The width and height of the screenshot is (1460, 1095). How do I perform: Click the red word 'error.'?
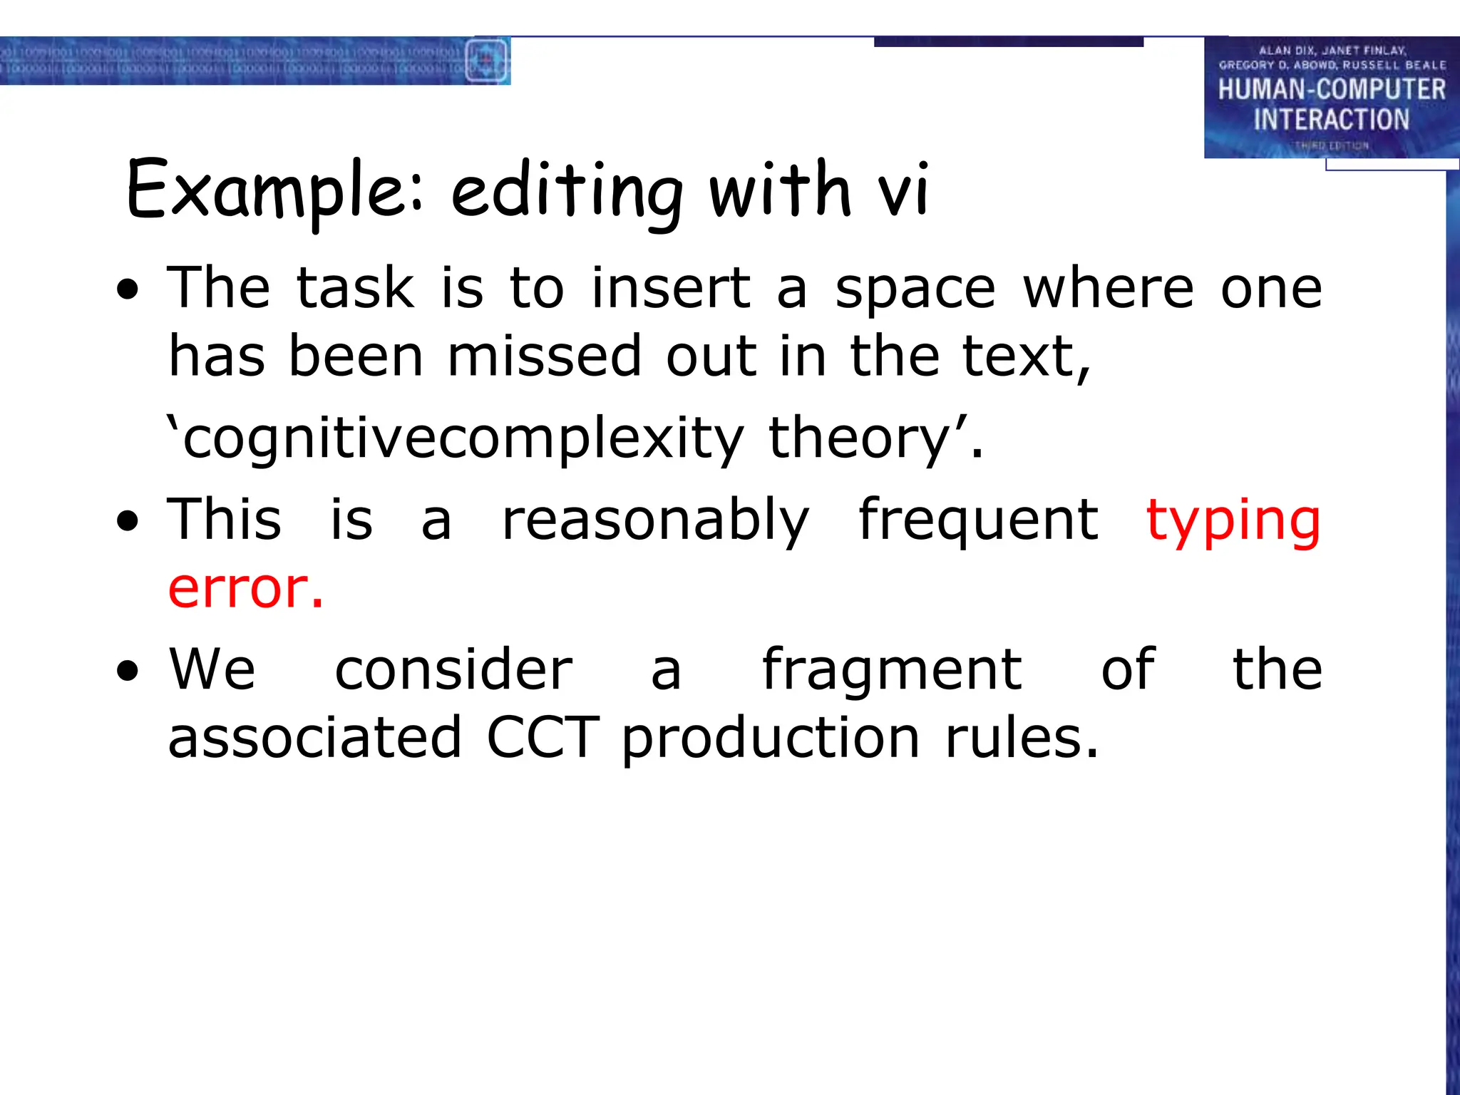tap(246, 589)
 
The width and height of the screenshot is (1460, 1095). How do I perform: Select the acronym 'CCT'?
tap(543, 738)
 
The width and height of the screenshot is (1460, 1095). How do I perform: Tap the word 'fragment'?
tap(892, 670)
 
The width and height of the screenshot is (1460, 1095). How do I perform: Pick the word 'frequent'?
tap(978, 520)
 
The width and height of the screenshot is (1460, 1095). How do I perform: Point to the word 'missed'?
tap(545, 356)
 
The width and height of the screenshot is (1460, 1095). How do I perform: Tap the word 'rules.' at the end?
tap(1022, 738)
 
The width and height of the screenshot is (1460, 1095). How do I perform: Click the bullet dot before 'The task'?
tap(128, 291)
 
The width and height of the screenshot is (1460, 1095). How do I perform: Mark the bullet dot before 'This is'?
tap(128, 522)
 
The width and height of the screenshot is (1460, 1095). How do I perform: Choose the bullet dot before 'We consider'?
tap(128, 671)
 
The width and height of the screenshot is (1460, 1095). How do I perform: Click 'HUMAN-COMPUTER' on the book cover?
tap(1331, 90)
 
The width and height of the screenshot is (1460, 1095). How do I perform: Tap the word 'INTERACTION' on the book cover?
tap(1331, 120)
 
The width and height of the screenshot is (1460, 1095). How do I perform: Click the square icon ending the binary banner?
tap(486, 61)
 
